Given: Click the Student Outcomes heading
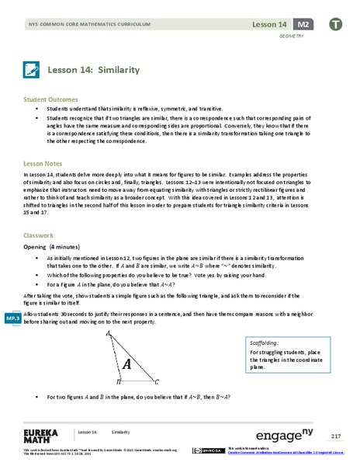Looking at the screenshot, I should tap(51, 100).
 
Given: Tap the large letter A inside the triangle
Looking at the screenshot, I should tap(126, 363).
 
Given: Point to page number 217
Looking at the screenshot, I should tap(335, 434).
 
